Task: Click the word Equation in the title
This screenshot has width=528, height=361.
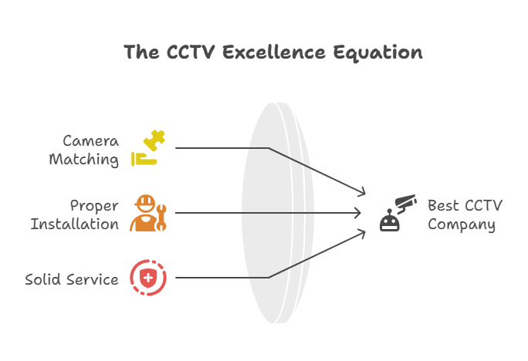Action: point(378,53)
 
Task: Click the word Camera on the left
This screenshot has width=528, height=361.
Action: point(90,142)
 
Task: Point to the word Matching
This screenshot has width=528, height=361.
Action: point(84,160)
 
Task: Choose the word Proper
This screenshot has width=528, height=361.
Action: point(94,206)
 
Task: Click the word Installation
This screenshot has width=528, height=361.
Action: point(75,224)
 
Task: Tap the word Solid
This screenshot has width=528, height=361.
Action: point(43,279)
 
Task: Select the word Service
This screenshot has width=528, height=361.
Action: point(92,279)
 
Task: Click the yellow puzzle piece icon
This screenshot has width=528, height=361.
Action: point(149,150)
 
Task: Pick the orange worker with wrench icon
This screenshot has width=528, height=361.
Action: point(148,213)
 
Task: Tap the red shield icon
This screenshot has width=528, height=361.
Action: point(147,278)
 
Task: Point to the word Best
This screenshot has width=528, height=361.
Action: point(443,206)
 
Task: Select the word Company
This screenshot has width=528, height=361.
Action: point(462,224)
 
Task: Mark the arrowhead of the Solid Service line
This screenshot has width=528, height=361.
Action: point(362,232)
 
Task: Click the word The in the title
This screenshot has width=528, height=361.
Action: point(142,52)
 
